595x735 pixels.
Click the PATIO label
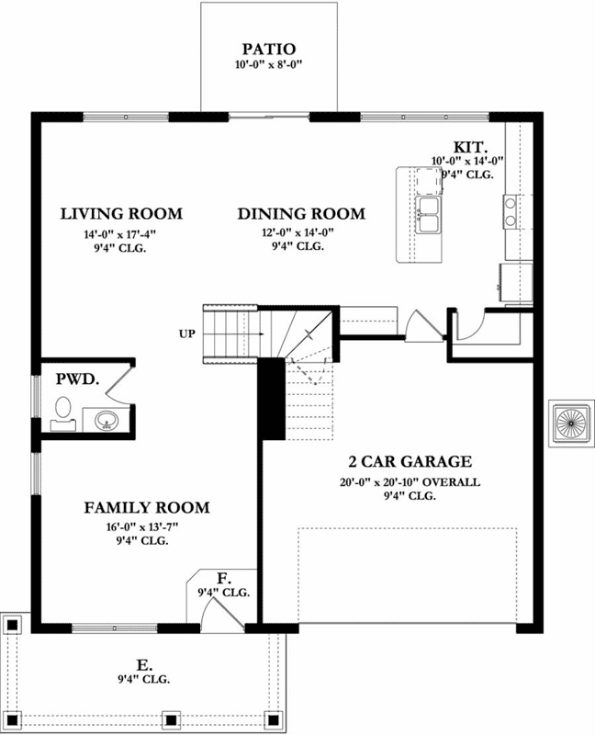pos(269,49)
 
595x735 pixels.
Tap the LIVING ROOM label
pos(121,214)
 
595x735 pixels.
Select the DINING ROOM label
pos(301,214)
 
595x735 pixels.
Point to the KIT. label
pos(470,147)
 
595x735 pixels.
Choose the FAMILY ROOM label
pos(147,507)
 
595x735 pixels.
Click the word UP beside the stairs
pos(187,333)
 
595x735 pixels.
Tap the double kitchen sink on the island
pos(427,215)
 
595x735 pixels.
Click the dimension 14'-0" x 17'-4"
pos(121,234)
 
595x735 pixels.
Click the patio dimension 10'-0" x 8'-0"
pos(269,65)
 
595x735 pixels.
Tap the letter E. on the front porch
pos(143,663)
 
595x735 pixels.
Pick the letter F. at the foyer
pos(223,578)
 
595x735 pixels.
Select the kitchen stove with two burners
pos(511,212)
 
